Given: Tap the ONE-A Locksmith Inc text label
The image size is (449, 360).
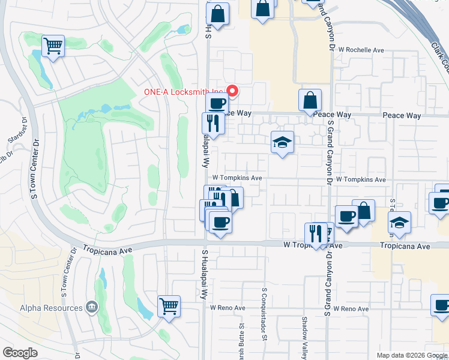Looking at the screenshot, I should coord(182,92).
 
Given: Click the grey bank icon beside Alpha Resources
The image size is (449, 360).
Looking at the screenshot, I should coord(91,308).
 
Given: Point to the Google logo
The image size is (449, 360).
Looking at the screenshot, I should coord(20,353).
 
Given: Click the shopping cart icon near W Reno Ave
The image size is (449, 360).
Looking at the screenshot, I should coord(169,306).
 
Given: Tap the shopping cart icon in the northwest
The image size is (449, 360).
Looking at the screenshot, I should coord(53,45).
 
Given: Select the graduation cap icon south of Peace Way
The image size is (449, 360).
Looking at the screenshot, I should coord(282,143).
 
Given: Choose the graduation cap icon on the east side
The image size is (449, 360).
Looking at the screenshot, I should coord(399,223).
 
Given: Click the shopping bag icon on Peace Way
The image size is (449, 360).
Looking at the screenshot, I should coord(310,100).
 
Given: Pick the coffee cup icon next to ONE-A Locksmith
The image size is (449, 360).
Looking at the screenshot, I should coord(217,103).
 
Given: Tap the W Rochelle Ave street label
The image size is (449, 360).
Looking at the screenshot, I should coord(361,50).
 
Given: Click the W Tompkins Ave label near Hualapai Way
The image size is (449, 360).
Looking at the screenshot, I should coord(237,178).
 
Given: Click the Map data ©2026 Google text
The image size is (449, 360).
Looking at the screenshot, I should coord(411,355).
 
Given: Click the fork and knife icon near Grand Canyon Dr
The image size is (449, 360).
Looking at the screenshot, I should coord(316,233).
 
